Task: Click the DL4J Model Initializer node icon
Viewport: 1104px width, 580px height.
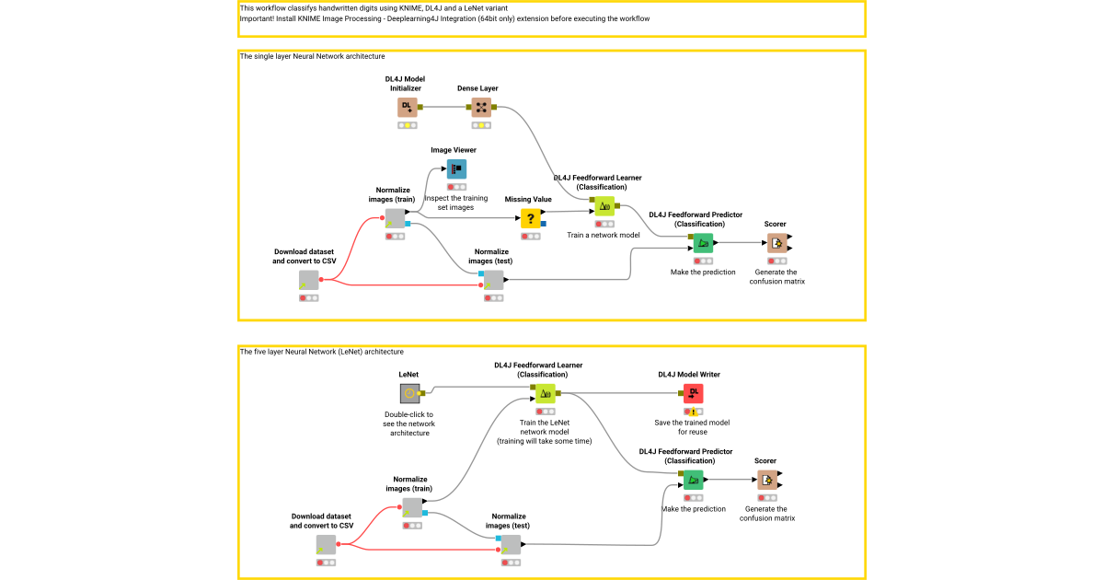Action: [x=408, y=108]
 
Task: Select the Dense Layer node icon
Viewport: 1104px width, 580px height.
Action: [x=481, y=108]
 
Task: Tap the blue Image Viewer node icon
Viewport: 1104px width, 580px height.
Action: [x=457, y=168]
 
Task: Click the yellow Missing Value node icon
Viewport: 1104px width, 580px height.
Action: [x=531, y=218]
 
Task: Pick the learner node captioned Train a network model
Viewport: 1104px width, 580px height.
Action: [x=604, y=206]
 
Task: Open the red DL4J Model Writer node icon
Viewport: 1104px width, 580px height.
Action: [x=694, y=394]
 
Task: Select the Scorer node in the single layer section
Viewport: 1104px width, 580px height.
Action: [x=777, y=243]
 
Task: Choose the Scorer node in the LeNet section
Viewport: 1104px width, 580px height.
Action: [x=767, y=480]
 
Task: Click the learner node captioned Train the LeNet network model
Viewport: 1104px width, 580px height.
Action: [x=544, y=394]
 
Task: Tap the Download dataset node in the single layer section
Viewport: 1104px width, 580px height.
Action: [x=308, y=281]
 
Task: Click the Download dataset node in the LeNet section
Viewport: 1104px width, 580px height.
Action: [x=326, y=545]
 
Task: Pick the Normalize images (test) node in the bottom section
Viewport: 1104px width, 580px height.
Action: [x=511, y=544]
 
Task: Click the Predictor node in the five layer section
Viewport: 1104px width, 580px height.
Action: [x=694, y=480]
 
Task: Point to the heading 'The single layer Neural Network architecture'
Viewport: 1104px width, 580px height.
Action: [x=312, y=57]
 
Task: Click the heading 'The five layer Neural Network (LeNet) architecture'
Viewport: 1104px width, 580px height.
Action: [x=321, y=352]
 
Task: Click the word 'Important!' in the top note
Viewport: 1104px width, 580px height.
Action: [x=260, y=18]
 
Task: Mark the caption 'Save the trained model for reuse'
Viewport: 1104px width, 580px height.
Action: [x=691, y=427]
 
